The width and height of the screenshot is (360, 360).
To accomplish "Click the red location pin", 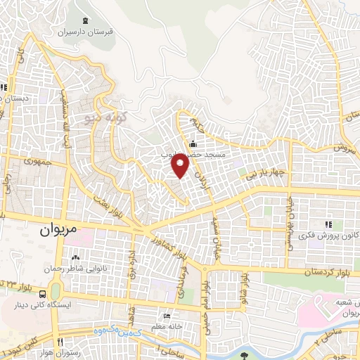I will point(181,166).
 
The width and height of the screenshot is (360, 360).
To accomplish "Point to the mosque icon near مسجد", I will point(193,144).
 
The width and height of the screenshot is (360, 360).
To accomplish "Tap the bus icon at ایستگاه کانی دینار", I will point(44,295).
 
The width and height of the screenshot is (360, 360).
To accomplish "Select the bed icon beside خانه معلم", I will point(166,316).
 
